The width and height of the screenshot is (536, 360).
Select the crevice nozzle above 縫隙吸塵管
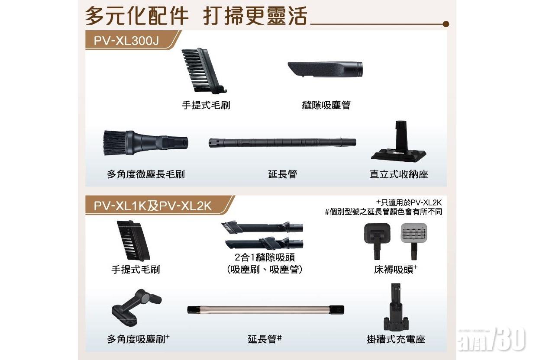pyautogui.click(x=325, y=69)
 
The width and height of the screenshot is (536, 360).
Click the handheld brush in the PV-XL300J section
pyautogui.click(x=203, y=71)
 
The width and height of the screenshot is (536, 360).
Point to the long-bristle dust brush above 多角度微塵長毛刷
pyautogui.click(x=146, y=142)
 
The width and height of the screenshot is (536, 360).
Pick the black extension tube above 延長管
pyautogui.click(x=282, y=142)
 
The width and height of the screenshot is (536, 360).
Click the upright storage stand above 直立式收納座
pyautogui.click(x=399, y=141)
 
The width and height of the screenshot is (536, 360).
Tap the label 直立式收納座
pyautogui.click(x=399, y=174)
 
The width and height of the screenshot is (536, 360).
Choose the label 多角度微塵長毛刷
pyautogui.click(x=146, y=174)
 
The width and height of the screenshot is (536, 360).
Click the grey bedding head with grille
pyautogui.click(x=414, y=241)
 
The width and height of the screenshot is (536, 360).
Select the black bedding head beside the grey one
pyautogui.click(x=378, y=241)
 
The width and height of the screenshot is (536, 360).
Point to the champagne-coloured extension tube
pyautogui.click(x=265, y=310)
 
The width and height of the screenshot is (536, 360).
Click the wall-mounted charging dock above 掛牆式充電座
pyautogui.click(x=395, y=307)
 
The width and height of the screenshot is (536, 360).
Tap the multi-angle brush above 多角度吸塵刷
pyautogui.click(x=136, y=307)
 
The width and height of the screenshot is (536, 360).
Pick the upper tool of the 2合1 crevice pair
pyautogui.click(x=262, y=227)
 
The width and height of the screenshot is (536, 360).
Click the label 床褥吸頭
pyautogui.click(x=394, y=270)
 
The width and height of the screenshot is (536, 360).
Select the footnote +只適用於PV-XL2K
pyautogui.click(x=409, y=202)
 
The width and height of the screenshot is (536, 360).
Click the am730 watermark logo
pyautogui.click(x=492, y=340)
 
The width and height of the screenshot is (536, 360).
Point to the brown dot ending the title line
pyautogui.click(x=446, y=24)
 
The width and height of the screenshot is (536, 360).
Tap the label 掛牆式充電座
pyautogui.click(x=396, y=339)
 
